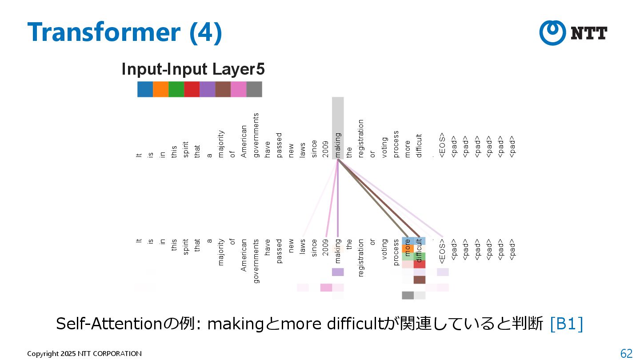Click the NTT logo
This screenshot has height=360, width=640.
573,33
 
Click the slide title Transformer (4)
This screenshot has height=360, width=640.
124,32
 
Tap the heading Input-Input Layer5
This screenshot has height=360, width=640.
193,69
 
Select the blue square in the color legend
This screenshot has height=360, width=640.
145,89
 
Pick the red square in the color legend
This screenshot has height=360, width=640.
192,89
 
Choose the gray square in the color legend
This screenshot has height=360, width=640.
254,89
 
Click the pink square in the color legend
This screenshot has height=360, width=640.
238,89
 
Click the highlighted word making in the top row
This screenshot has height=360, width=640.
338,145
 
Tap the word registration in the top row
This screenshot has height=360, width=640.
361,138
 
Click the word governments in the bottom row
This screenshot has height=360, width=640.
256,261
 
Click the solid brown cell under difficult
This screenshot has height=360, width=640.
420,280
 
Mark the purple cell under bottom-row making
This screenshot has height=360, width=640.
338,272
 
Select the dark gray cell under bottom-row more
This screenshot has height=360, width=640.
408,295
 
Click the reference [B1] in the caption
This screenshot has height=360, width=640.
566,324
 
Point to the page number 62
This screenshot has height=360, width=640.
626,353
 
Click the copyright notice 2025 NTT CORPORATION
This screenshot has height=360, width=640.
84,354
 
